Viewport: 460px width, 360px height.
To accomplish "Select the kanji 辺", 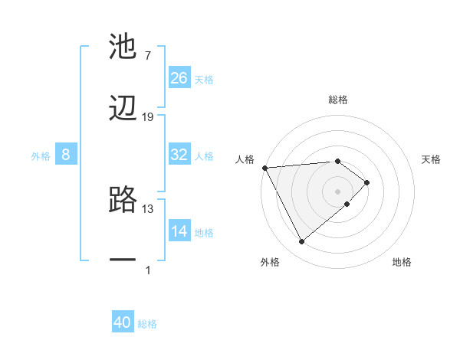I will [x=123, y=109].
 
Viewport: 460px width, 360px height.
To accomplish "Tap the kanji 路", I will [x=123, y=200].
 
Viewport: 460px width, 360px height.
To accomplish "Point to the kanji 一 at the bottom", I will [x=123, y=261].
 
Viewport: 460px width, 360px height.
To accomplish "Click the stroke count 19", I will [x=148, y=117].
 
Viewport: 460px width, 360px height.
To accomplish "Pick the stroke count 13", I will [x=148, y=208].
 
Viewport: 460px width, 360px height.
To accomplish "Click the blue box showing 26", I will [x=179, y=78].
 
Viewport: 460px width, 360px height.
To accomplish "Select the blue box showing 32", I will [x=179, y=155].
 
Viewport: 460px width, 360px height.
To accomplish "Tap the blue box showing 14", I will [x=179, y=231].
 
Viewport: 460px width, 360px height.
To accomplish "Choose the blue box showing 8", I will [x=66, y=155].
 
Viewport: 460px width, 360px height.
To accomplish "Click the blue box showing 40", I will [x=123, y=323].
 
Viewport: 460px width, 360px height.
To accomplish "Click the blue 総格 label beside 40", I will [x=147, y=324].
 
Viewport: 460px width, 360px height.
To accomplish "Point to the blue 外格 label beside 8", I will [x=41, y=155].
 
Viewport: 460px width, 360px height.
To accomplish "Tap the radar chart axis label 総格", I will [x=337, y=100].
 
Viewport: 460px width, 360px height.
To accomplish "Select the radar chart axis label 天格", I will [x=432, y=159].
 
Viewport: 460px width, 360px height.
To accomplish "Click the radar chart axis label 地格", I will [x=402, y=263].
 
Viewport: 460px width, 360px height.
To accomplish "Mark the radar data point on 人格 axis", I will [x=264, y=167].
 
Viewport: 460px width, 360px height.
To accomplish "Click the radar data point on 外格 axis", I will [x=301, y=242].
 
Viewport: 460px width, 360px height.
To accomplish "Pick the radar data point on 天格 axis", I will [x=367, y=182].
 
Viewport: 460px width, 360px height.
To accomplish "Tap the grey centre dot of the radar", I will [x=337, y=191].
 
